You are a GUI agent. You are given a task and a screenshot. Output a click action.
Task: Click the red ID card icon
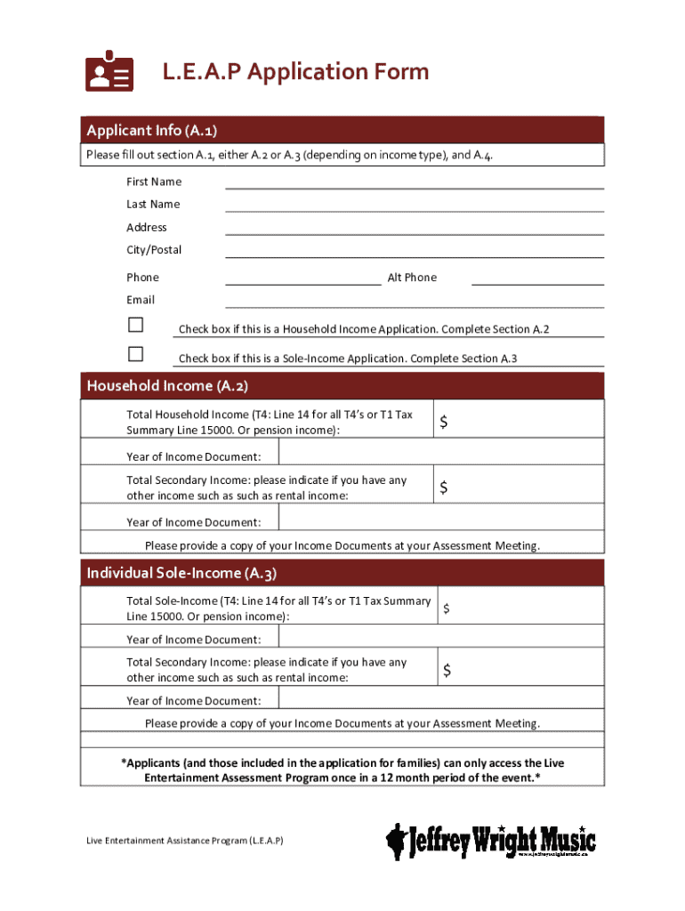[109, 71]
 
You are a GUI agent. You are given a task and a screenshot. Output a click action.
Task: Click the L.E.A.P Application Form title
[294, 72]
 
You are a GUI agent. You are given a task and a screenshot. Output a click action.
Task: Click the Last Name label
[153, 205]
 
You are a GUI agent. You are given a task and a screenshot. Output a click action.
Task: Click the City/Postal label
[154, 250]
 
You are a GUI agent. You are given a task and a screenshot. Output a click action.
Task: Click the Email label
[141, 300]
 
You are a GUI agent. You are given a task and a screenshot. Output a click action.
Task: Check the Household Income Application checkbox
[135, 324]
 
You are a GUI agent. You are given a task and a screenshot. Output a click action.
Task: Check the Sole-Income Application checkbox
[135, 353]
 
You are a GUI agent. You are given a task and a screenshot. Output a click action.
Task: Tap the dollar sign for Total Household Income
[443, 424]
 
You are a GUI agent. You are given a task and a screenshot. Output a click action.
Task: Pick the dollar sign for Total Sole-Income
[447, 609]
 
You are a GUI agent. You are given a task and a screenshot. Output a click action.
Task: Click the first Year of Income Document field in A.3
[440, 639]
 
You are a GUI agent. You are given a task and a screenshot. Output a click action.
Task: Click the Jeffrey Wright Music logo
[490, 840]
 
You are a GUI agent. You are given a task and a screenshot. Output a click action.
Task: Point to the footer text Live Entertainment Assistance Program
[185, 840]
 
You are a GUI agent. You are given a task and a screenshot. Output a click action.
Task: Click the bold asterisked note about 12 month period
[342, 770]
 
